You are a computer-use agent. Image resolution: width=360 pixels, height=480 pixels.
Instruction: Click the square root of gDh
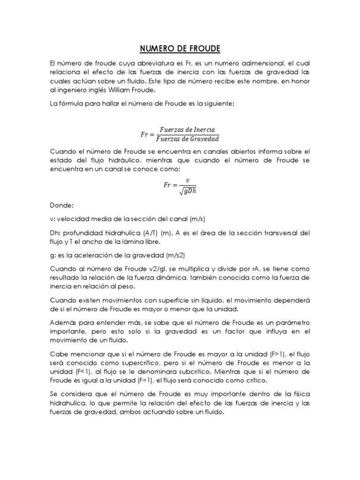(187, 189)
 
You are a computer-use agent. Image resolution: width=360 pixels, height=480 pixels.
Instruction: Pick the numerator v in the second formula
(187, 180)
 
